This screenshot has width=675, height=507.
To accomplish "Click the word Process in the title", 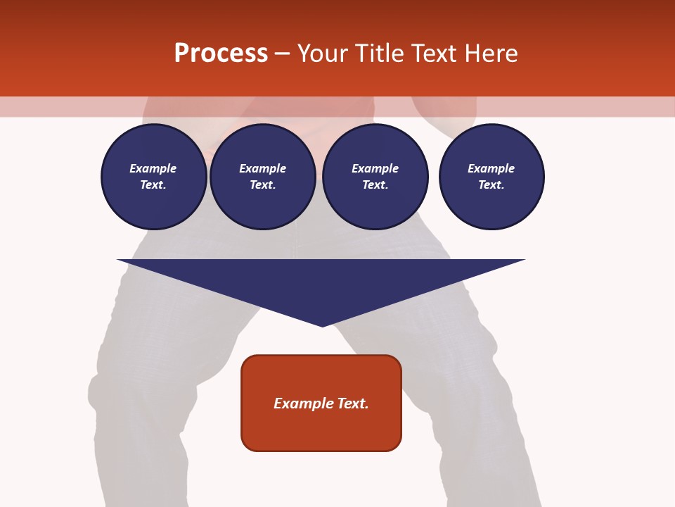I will [221, 53].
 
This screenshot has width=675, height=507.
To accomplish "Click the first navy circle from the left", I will [153, 177].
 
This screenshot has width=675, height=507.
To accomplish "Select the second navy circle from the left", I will [263, 177].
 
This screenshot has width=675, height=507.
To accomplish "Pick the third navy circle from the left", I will [375, 177].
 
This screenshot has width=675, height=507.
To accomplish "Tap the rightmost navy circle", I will [491, 177].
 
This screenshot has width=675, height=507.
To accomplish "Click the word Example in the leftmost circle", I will [153, 168].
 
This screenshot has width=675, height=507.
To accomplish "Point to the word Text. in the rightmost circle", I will [491, 185].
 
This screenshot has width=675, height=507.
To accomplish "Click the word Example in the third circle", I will [375, 168].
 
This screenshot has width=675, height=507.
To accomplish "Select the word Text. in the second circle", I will [263, 185].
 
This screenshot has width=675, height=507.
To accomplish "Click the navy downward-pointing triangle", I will [321, 282].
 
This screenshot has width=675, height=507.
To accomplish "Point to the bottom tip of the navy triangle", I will [322, 325].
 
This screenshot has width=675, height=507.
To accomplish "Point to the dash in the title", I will [282, 53].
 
